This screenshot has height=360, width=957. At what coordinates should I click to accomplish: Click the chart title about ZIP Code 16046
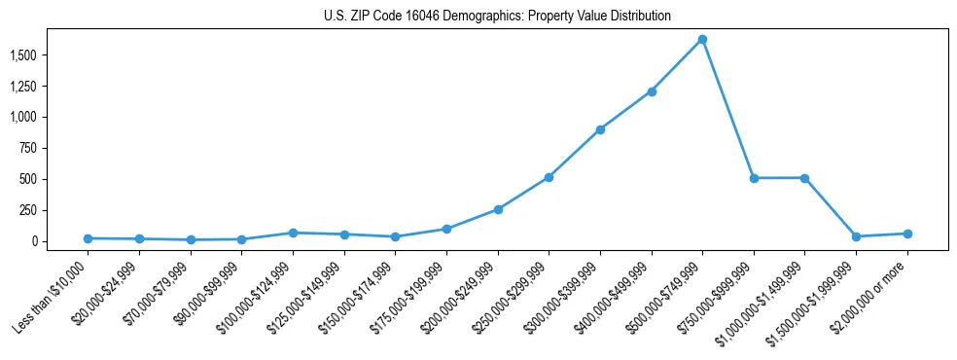[497, 17]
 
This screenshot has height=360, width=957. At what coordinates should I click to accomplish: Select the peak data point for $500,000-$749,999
[702, 40]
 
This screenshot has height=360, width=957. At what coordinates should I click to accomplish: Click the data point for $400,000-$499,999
[652, 91]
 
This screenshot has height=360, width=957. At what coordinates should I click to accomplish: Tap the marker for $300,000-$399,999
[600, 129]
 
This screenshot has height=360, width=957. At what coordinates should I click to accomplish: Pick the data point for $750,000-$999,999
[754, 178]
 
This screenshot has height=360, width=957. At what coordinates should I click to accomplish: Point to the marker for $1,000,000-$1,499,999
[804, 178]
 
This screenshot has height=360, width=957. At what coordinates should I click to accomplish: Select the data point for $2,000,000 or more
[906, 234]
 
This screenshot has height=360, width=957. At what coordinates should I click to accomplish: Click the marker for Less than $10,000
[89, 238]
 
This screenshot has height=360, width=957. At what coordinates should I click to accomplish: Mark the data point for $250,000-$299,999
[549, 177]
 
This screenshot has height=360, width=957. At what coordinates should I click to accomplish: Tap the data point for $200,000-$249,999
[498, 209]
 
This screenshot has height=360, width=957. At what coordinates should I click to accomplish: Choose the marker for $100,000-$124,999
[293, 233]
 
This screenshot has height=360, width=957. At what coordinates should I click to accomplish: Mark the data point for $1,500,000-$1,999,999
[856, 236]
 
